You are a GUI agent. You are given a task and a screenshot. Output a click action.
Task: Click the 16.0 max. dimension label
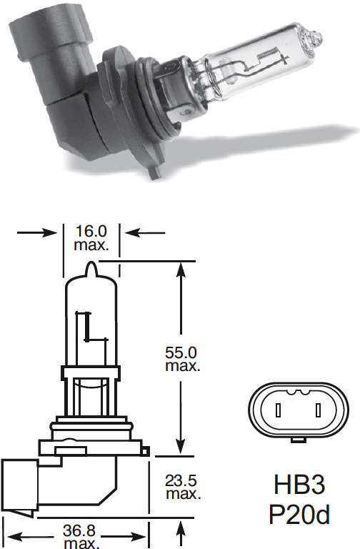click(91, 238)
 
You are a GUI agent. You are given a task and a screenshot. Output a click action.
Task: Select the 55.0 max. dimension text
click(183, 359)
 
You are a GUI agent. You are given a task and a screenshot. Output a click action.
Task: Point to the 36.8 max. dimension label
click(80, 536)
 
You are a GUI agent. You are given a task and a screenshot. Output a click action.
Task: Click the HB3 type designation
click(299, 485)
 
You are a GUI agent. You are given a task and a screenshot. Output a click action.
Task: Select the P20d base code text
click(299, 515)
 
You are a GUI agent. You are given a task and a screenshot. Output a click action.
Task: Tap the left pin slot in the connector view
click(279, 410)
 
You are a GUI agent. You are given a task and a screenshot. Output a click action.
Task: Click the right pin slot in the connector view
click(318, 410)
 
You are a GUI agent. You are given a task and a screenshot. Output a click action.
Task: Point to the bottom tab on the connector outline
click(299, 440)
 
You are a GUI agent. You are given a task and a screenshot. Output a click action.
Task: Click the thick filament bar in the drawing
click(88, 326)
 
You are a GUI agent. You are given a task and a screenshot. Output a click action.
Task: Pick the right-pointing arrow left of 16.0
click(36, 232)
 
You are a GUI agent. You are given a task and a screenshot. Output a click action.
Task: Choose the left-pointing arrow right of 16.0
click(145, 232)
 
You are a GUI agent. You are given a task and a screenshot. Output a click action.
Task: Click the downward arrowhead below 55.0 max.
click(181, 446)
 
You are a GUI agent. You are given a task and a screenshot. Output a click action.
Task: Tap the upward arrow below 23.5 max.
click(181, 534)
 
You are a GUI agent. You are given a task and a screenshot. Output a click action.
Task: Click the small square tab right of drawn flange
click(145, 451)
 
